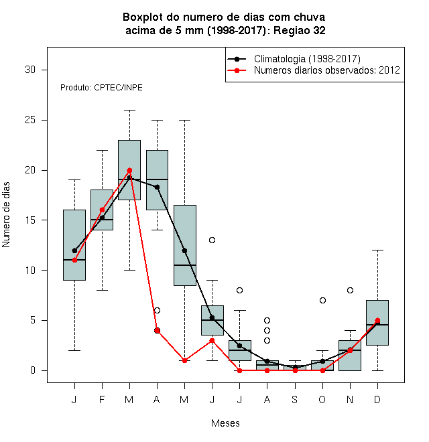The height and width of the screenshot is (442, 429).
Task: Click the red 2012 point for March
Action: pyautogui.click(x=129, y=170)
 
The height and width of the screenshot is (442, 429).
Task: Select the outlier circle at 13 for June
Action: pyautogui.click(x=212, y=240)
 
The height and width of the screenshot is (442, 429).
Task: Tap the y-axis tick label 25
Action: pyautogui.click(x=30, y=120)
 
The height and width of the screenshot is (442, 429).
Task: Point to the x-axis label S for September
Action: pyautogui.click(x=295, y=399)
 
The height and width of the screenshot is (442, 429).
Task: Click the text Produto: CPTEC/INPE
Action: pyautogui.click(x=101, y=88)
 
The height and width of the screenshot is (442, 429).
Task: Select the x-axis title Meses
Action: pyautogui.click(x=225, y=423)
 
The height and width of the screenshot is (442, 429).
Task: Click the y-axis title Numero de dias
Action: pyautogui.click(x=6, y=215)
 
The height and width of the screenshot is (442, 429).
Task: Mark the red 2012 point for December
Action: pyautogui.click(x=377, y=321)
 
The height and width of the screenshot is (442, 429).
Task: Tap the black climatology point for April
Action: pyautogui.click(x=158, y=187)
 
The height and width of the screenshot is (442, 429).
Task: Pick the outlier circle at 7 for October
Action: pyautogui.click(x=322, y=300)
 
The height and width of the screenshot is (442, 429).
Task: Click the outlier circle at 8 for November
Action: pyautogui.click(x=350, y=291)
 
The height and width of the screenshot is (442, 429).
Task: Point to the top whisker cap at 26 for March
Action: pyautogui.click(x=129, y=110)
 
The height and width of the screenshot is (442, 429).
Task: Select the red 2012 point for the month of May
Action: pyautogui.click(x=184, y=360)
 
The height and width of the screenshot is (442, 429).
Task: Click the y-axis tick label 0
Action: pyautogui.click(x=33, y=370)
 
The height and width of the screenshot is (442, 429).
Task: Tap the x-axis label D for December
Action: pyautogui.click(x=377, y=399)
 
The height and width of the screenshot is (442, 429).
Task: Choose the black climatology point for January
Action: pyautogui.click(x=74, y=250)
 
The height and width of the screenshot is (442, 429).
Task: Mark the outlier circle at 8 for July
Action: pyautogui.click(x=239, y=291)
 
